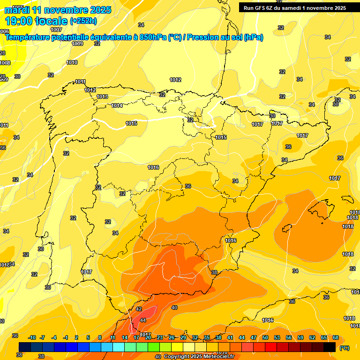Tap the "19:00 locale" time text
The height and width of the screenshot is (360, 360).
[x=36, y=21]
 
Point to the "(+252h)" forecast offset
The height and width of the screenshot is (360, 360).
[x=83, y=21]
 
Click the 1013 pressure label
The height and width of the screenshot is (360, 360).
[x=102, y=97]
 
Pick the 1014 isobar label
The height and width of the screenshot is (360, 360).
[x=117, y=105]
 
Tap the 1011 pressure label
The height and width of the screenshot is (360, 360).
[x=80, y=82]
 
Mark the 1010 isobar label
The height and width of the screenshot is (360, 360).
[x=72, y=62]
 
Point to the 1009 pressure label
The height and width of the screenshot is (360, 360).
[x=77, y=44]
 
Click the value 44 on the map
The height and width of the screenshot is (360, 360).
[x=143, y=320]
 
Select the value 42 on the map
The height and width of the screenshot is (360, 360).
[x=139, y=309]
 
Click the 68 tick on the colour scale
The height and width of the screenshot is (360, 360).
[x=336, y=337]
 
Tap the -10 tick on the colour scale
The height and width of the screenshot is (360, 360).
[x=32, y=337]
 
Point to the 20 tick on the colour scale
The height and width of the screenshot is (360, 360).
[x=148, y=337]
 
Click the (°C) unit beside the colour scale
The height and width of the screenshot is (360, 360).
[x=345, y=348]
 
